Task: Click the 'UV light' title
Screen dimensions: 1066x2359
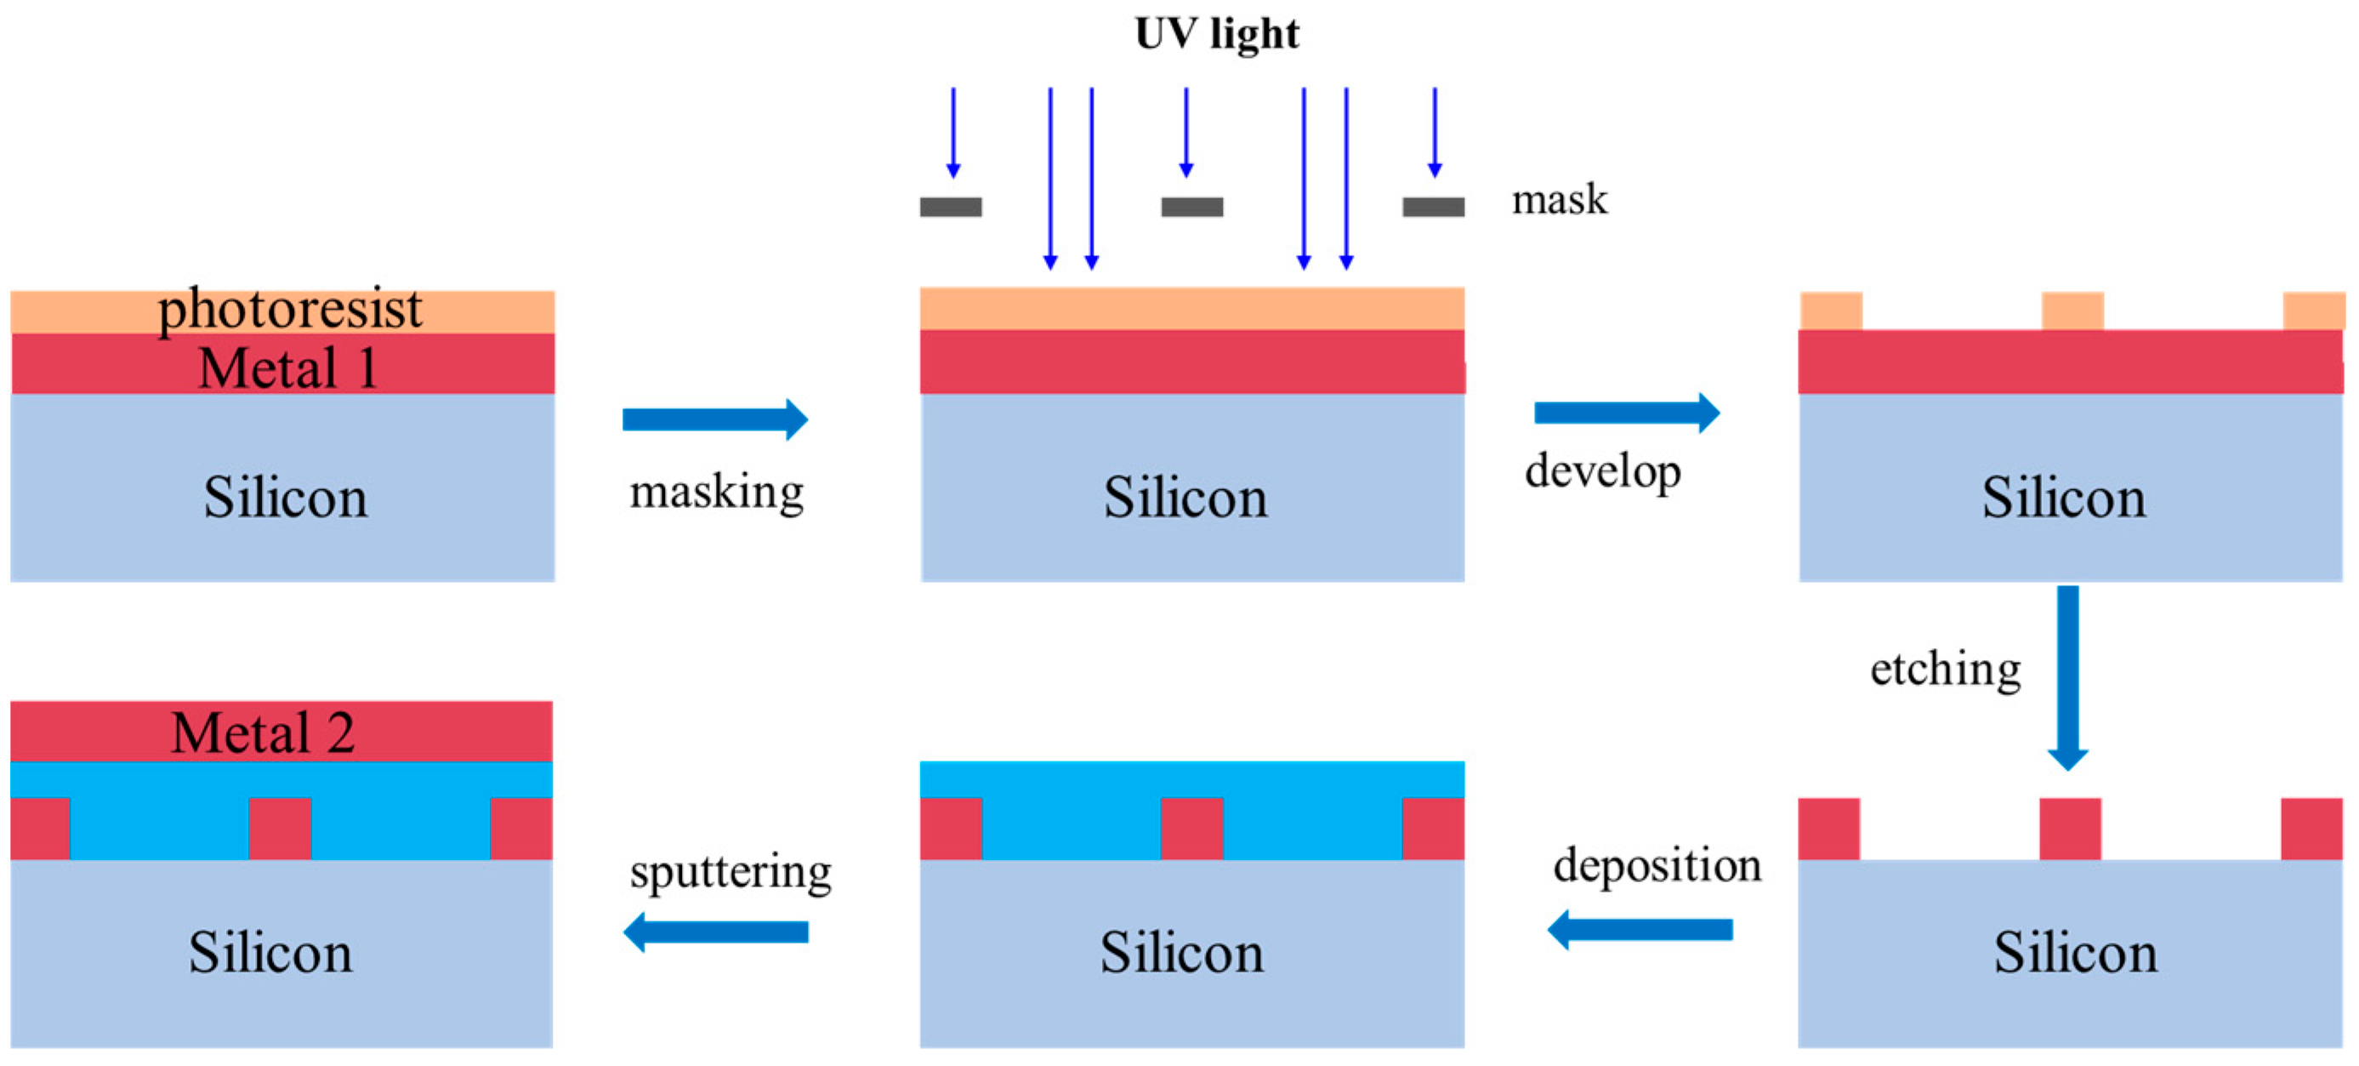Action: pos(1216,35)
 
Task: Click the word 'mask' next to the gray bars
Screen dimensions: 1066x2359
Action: pos(1559,201)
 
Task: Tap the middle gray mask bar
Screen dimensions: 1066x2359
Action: pos(1191,207)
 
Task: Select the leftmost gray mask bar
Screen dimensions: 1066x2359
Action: pos(951,207)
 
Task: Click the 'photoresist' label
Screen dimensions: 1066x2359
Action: pos(289,310)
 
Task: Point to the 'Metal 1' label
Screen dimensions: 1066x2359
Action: pos(287,368)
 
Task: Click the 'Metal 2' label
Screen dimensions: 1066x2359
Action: pos(263,733)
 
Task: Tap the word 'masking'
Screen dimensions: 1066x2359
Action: pos(716,493)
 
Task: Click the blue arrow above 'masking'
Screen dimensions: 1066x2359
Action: pos(714,419)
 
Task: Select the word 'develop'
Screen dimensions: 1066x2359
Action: pos(1603,471)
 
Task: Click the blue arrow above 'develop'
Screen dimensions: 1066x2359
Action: pos(1627,413)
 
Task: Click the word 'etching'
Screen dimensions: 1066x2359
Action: pos(1945,669)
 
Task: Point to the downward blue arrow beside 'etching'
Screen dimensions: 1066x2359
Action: pos(2068,678)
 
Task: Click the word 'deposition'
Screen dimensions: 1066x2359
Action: pos(1657,865)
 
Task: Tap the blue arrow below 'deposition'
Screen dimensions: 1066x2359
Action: pos(1640,931)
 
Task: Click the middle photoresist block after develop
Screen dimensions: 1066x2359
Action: pos(2072,311)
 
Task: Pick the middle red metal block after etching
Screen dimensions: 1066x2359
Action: pos(2070,829)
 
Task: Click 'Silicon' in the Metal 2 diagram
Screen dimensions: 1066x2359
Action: pos(270,953)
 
